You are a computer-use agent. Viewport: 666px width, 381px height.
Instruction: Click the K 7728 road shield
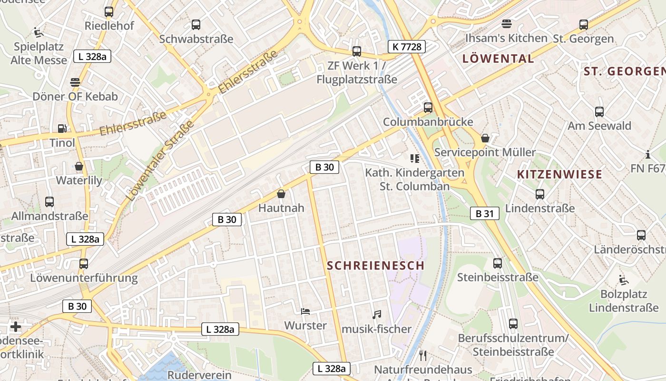click(x=406, y=47)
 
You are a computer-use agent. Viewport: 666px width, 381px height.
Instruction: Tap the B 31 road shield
click(x=485, y=214)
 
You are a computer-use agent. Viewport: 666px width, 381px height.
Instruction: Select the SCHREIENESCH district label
click(x=375, y=266)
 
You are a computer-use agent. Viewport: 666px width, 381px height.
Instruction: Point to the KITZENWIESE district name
click(x=559, y=174)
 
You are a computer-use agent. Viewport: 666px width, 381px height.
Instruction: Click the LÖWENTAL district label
click(x=498, y=59)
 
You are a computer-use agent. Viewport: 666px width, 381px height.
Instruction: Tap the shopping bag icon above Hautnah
click(x=281, y=194)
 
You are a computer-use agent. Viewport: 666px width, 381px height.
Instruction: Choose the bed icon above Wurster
click(x=305, y=311)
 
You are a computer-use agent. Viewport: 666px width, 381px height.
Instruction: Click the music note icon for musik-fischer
click(x=377, y=315)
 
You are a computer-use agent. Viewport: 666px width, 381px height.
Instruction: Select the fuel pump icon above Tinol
click(x=62, y=128)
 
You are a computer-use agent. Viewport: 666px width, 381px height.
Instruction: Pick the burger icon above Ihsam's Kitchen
click(x=506, y=24)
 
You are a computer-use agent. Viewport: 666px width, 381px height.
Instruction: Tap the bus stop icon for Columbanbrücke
click(x=428, y=108)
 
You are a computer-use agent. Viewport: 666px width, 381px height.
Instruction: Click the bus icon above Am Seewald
click(x=599, y=112)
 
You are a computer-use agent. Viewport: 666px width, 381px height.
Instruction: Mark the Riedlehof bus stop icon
click(x=109, y=12)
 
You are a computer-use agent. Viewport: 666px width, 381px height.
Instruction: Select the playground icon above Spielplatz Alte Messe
click(x=39, y=32)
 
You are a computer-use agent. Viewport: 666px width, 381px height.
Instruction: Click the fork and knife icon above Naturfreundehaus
click(x=422, y=355)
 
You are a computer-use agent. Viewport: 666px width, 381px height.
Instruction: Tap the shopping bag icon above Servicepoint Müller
click(x=485, y=139)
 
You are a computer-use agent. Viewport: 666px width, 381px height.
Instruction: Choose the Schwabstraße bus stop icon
click(x=196, y=25)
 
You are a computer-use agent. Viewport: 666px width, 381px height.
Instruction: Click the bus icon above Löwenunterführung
click(x=84, y=263)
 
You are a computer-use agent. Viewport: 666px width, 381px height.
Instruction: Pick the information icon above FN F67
click(x=647, y=154)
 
